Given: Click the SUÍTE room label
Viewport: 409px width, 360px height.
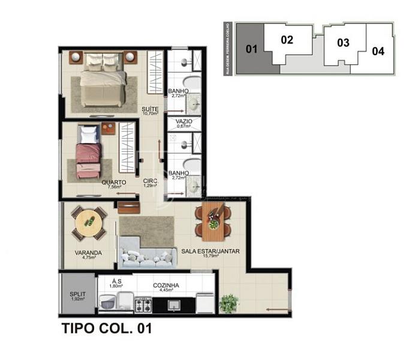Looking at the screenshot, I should tap(150, 109).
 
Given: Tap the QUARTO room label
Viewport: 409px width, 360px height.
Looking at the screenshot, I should tap(113, 182).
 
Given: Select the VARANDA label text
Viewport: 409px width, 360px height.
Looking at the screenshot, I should tap(88, 253).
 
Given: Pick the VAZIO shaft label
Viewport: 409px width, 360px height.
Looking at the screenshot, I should tap(184, 121).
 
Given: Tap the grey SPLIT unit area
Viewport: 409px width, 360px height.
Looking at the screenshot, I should tap(76, 293).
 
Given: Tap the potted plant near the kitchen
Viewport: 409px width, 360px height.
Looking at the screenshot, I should tap(228, 303).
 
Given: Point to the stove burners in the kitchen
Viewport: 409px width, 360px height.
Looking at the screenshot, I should tap(143, 305).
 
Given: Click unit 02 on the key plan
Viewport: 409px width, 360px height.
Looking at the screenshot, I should tap(287, 40).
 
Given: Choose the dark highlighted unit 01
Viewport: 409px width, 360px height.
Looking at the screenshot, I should tap(251, 49).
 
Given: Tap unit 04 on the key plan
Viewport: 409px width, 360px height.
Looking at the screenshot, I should tap(377, 51).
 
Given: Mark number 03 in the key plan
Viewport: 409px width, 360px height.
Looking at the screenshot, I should tap(343, 43).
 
